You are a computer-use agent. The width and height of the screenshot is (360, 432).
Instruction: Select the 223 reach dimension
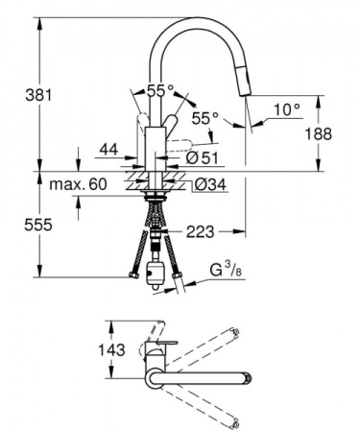[x=201, y=230]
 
